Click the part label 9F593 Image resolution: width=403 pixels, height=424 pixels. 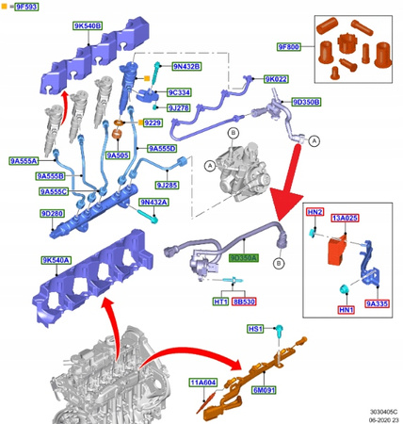26,7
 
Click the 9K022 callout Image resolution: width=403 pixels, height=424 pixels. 277,80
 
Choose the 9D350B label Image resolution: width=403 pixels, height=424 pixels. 307,101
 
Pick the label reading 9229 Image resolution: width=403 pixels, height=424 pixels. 153,123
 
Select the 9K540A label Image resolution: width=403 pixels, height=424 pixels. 55,260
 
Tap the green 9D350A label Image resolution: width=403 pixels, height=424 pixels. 243,256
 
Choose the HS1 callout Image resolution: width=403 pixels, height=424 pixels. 255,329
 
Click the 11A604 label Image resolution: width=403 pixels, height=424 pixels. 204,383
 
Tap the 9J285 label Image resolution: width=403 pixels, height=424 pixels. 170,186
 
